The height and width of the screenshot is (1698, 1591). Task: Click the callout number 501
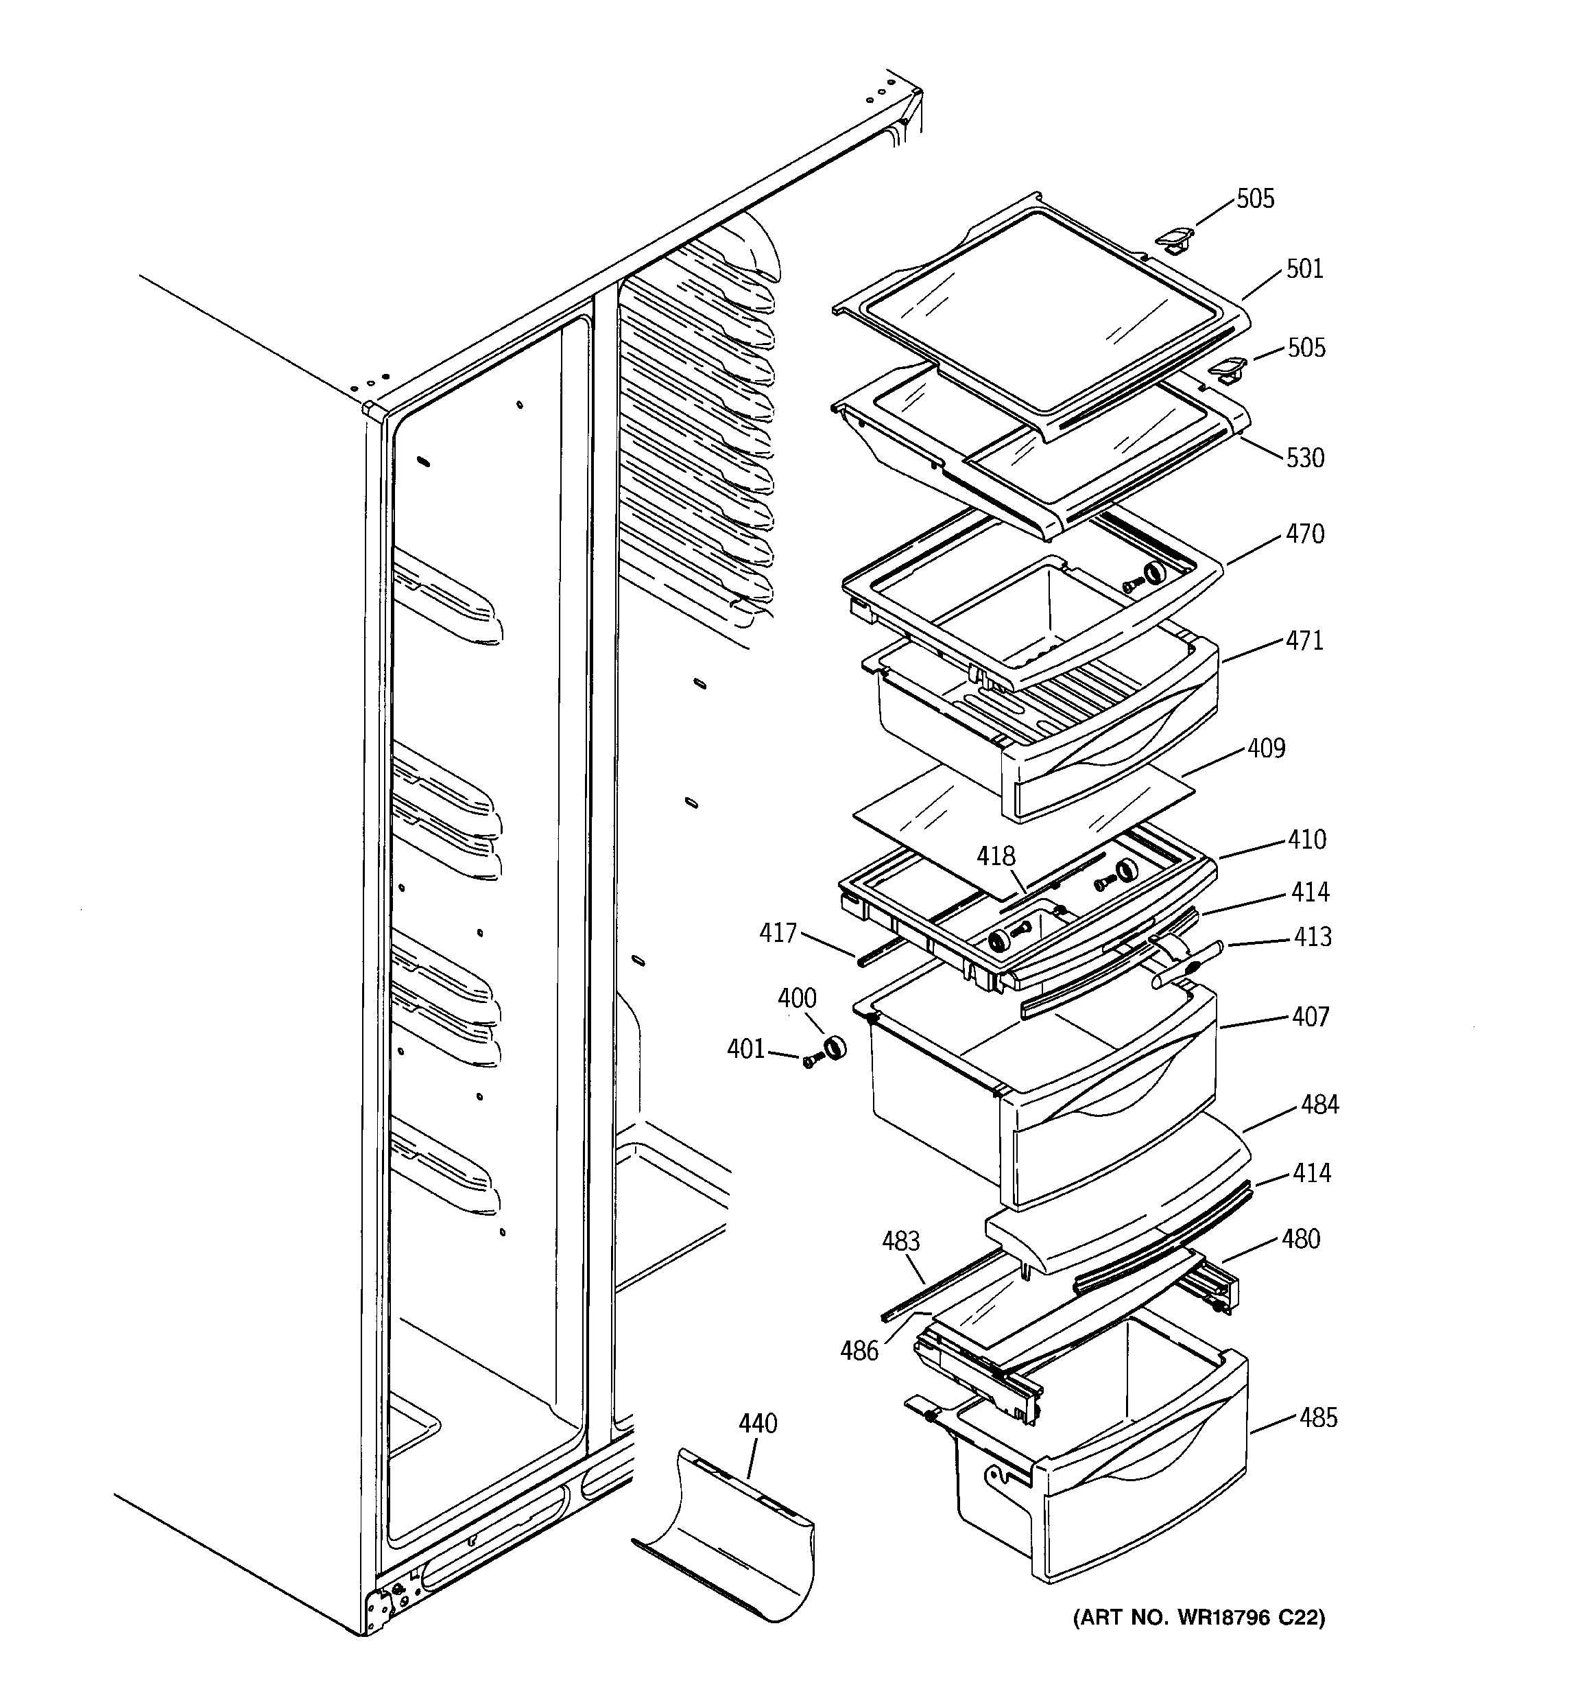point(1304,269)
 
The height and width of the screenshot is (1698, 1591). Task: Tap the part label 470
point(1305,534)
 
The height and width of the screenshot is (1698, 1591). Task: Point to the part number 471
point(1304,641)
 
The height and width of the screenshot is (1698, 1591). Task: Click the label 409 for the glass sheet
point(1266,748)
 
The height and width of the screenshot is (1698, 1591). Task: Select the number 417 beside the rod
point(777,933)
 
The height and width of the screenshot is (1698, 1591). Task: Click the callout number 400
point(796,998)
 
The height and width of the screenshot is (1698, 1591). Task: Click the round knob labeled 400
point(833,1046)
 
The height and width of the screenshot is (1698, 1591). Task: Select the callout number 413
point(1312,937)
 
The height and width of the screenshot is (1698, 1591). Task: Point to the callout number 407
point(1310,1017)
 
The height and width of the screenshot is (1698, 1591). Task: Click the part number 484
point(1319,1105)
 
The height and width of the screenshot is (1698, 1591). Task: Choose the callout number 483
point(900,1241)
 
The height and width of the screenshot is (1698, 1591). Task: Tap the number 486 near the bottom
point(859,1350)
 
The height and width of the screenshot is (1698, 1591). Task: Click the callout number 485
point(1318,1418)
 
